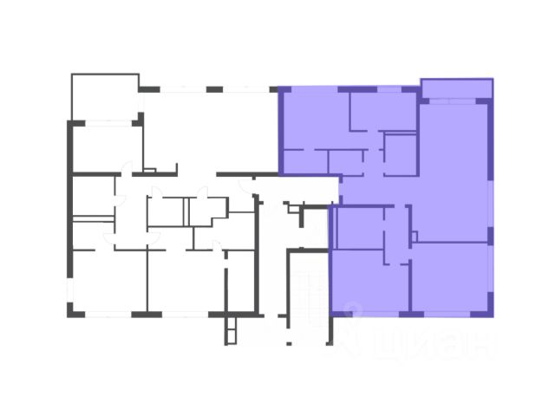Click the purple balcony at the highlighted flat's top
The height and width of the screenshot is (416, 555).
coord(456,89)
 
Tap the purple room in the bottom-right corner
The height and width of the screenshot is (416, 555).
coord(450,277)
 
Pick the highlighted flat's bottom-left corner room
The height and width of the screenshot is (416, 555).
coord(369,282)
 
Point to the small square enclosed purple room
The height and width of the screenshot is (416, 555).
coord(401,153)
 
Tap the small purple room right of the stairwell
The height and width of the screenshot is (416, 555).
coord(357,226)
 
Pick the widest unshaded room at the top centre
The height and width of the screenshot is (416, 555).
coord(208,130)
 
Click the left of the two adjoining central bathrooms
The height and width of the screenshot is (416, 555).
coord(166,211)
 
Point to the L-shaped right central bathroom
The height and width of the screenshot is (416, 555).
coord(208,212)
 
